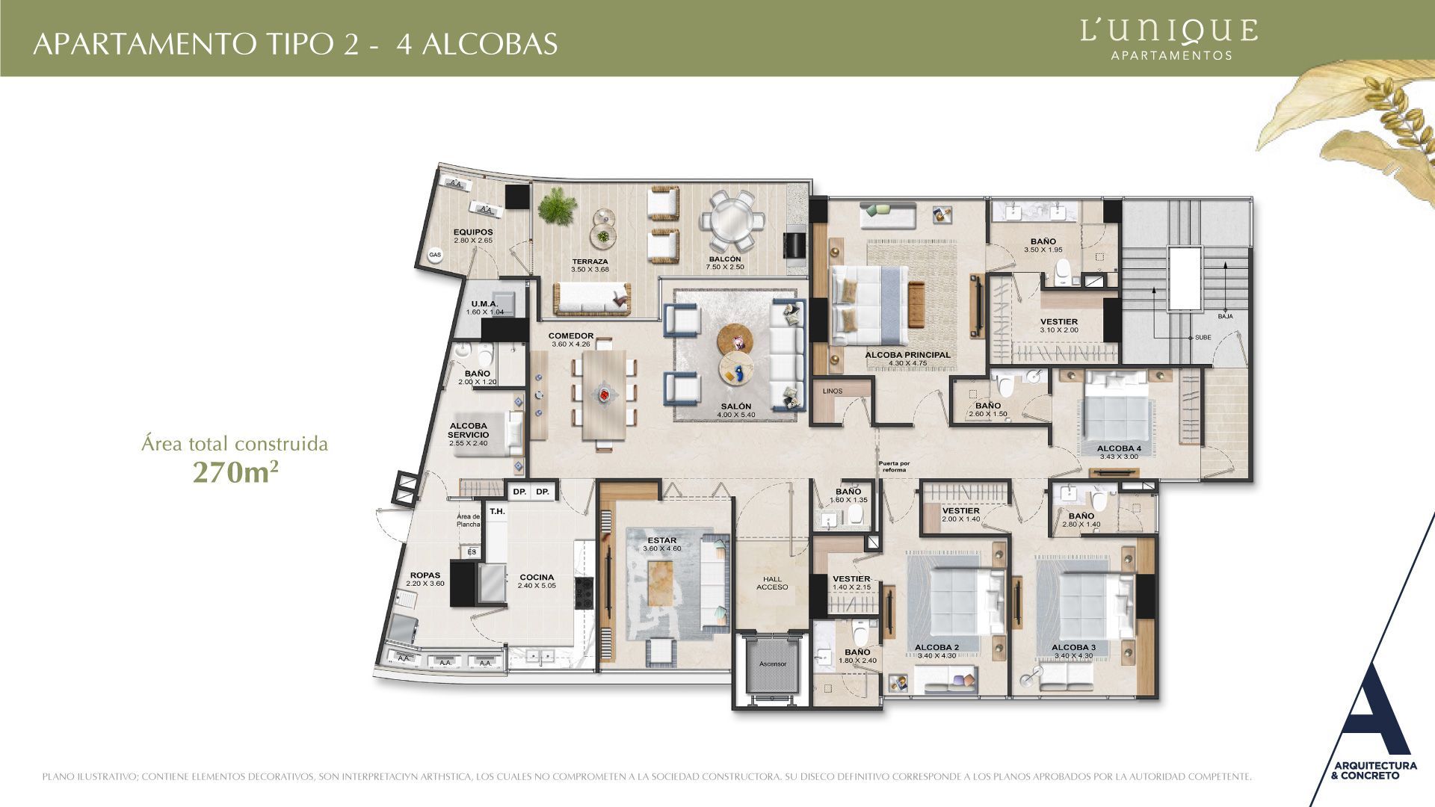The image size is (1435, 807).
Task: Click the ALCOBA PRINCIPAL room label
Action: tap(907, 355)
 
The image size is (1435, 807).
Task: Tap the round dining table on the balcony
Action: tap(732, 223)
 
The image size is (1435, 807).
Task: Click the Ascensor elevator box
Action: tap(772, 664)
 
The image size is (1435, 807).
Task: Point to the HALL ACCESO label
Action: tap(772, 583)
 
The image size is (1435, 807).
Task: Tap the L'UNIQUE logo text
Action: tap(1169, 31)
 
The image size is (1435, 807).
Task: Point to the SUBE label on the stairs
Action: tap(1203, 338)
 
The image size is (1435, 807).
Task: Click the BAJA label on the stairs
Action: tap(1225, 316)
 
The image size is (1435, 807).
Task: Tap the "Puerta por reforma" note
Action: tap(894, 466)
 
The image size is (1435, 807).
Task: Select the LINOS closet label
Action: tap(832, 391)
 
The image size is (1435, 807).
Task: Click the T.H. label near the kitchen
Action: tap(497, 512)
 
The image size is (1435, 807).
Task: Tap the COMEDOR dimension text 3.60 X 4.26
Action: tap(571, 344)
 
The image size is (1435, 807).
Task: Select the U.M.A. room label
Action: tap(484, 303)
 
